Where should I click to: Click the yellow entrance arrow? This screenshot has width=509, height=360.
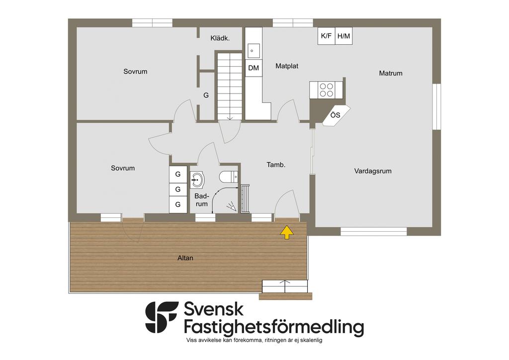coord(287,232)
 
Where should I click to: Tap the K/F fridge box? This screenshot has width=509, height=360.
coord(326,36)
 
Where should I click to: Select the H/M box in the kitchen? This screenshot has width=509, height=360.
coord(344,36)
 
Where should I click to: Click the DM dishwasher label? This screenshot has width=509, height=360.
coord(254,68)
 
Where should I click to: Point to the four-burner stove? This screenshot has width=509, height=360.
coord(326,90)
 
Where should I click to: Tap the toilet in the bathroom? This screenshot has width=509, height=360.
coord(229,177)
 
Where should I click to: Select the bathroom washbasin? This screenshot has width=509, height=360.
coord(197,180)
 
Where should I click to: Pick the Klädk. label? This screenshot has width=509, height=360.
coord(220,38)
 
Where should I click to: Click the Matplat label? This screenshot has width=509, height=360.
coord(287,66)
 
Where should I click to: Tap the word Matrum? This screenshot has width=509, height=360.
coord(391,74)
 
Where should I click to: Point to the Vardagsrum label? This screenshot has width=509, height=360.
coord(373,171)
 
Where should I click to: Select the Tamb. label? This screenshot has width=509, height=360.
coord(276,165)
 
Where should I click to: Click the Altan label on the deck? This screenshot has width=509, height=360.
coord(185,258)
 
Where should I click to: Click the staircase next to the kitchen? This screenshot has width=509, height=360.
coord(230,86)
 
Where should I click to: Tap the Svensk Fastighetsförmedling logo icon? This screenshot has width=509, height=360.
coord(162,317)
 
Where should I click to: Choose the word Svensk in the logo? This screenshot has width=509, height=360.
coord(214,309)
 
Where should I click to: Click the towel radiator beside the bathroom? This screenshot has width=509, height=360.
coord(245,199)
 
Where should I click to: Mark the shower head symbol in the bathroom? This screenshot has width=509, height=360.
coord(232,207)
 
